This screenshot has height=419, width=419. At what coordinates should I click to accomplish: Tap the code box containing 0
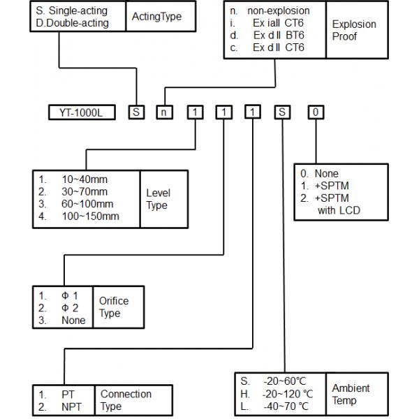click(317, 112)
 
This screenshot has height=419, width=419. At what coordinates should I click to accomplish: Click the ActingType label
click(155, 17)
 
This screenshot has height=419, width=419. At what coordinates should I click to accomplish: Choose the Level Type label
click(158, 198)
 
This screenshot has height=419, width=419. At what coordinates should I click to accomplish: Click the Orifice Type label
click(115, 307)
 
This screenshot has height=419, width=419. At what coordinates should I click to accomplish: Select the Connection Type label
click(126, 399)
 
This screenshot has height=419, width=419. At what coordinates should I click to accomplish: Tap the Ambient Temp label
click(351, 394)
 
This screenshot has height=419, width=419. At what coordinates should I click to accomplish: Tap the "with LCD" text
click(338, 210)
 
